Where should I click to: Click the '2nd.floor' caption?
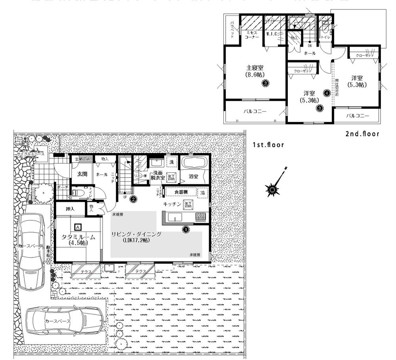362,134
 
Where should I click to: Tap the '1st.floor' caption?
268,145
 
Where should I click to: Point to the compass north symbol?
272,191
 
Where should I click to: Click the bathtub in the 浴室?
192,163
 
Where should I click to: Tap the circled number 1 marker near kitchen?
185,228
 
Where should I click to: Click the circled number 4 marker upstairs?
327,93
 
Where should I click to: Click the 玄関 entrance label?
82,174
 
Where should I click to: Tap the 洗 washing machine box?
171,162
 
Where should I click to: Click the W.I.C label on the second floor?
271,34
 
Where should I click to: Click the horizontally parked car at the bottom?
65,321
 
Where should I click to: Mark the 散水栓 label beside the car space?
48,252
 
